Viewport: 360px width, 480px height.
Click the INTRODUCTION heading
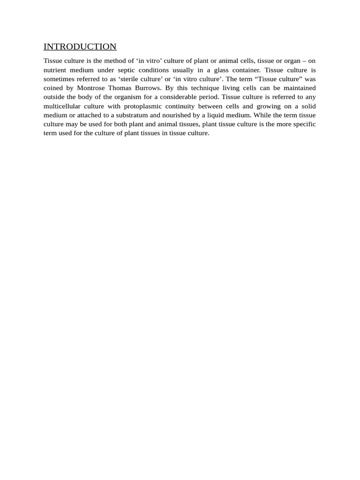(80, 47)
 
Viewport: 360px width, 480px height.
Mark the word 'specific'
(303, 124)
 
